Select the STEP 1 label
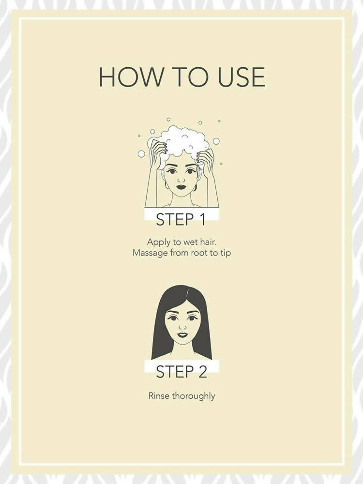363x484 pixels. (181, 220)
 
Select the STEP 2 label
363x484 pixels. (181, 372)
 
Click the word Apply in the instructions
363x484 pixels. (159, 242)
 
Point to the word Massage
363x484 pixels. (149, 253)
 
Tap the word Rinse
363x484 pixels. (159, 396)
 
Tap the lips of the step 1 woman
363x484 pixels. (181, 187)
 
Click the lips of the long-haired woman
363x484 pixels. (181, 334)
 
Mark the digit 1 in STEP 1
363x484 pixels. (202, 220)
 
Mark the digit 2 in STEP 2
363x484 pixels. (201, 372)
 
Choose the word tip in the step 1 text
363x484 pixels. (225, 253)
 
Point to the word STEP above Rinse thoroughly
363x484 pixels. (172, 372)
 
